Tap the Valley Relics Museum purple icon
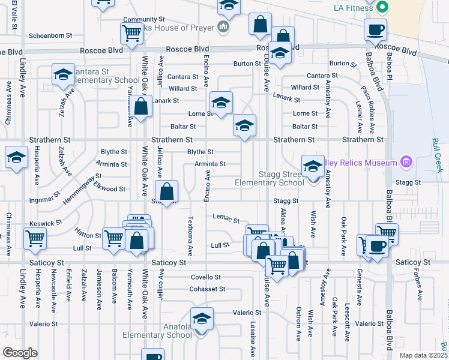coord(406,163)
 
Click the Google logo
coord(20,353)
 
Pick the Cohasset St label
coord(208,289)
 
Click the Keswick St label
coord(46,223)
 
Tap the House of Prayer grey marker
coord(223,26)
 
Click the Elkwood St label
coord(109,188)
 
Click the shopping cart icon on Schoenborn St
coord(131,34)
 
